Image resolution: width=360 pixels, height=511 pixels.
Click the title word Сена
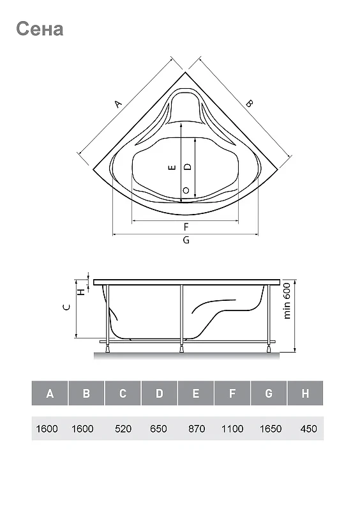(40, 29)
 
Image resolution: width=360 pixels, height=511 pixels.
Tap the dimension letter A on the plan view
(118, 104)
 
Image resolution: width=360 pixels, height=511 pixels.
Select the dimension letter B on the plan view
(249, 103)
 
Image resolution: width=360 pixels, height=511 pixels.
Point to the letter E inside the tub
(173, 167)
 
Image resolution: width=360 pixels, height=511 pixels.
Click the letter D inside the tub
(188, 167)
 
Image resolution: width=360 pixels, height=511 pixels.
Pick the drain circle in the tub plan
(186, 190)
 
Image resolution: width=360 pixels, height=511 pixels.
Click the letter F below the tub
(186, 227)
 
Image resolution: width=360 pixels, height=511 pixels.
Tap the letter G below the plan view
(186, 240)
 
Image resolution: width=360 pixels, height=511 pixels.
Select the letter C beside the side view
(66, 307)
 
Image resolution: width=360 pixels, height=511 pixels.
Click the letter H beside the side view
(82, 292)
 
